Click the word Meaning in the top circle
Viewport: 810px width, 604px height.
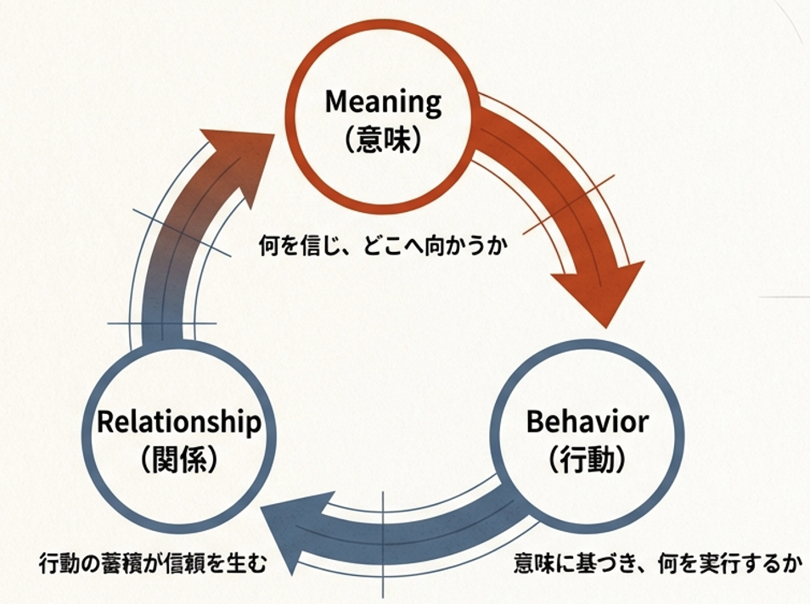384,103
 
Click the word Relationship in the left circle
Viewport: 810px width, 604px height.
178,422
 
